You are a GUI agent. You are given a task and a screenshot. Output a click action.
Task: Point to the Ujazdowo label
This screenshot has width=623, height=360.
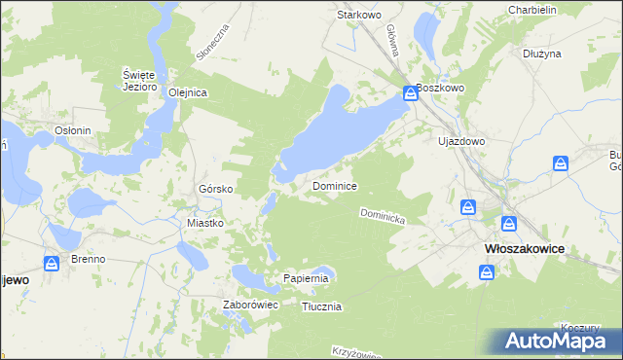click(x=461, y=141)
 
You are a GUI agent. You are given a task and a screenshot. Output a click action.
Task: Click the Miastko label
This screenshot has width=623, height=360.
click(x=205, y=223)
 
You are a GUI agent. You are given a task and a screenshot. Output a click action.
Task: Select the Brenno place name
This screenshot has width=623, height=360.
click(x=89, y=260)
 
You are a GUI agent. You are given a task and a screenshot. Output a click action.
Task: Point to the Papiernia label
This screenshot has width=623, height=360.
click(x=308, y=278)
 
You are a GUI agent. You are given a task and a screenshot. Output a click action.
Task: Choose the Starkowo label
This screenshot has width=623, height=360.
click(x=357, y=16)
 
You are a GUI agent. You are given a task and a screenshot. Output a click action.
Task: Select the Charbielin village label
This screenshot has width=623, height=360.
click(x=531, y=10)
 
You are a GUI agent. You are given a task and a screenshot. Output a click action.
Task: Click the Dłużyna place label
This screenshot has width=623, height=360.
click(x=542, y=54)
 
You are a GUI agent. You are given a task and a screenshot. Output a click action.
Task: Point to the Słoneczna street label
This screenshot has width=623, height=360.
click(x=211, y=42)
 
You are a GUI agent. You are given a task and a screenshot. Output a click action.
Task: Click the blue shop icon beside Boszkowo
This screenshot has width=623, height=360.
click(x=411, y=93)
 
